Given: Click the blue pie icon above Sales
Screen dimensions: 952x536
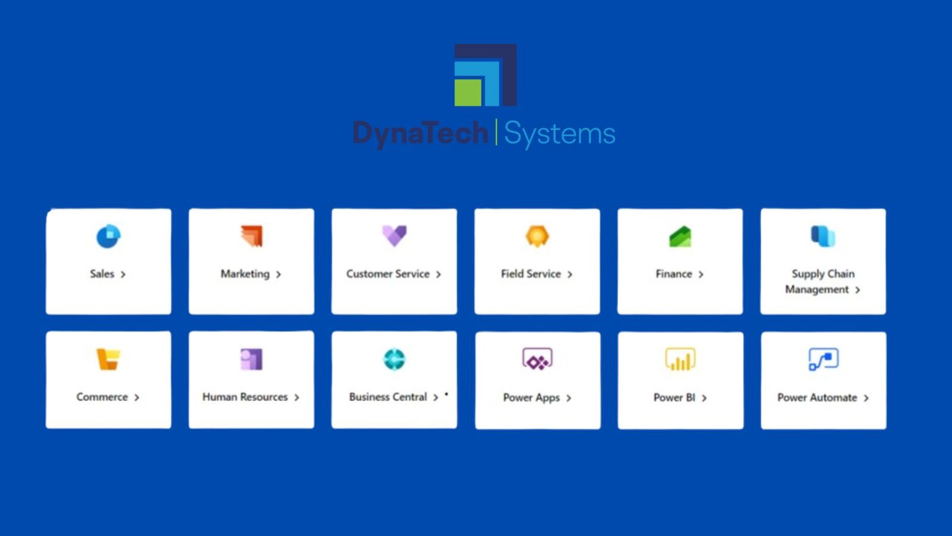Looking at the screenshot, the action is pyautogui.click(x=108, y=236).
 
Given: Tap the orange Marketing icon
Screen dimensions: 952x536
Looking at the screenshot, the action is pyautogui.click(x=252, y=236).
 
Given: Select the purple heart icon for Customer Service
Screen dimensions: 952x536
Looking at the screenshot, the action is pyautogui.click(x=394, y=236).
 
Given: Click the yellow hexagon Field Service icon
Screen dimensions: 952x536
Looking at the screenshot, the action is pyautogui.click(x=537, y=236).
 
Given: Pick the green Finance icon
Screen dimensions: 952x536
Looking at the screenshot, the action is pyautogui.click(x=680, y=236).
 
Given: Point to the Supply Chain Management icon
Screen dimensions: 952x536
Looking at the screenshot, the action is pyautogui.click(x=823, y=236).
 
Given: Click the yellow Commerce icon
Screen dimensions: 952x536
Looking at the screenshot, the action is pyautogui.click(x=108, y=360).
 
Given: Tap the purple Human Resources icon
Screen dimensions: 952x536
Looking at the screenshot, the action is pyautogui.click(x=252, y=360).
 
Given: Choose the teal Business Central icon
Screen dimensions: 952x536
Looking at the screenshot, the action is pyautogui.click(x=394, y=360).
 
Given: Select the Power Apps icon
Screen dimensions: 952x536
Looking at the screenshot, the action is pyautogui.click(x=538, y=360).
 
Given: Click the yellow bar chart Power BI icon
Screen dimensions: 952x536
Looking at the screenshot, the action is pyautogui.click(x=681, y=360).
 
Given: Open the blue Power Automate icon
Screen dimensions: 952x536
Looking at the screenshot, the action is pyautogui.click(x=823, y=360).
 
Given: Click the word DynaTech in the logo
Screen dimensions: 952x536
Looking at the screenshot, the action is pyautogui.click(x=420, y=133).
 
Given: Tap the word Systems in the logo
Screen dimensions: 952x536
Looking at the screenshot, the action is pyautogui.click(x=560, y=133).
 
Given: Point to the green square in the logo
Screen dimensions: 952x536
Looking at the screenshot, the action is pyautogui.click(x=468, y=93).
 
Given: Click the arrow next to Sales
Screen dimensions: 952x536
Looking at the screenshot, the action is pyautogui.click(x=123, y=275).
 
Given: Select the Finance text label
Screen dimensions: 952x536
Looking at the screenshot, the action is pyautogui.click(x=674, y=274).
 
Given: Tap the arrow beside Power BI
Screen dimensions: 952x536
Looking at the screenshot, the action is pyautogui.click(x=704, y=398).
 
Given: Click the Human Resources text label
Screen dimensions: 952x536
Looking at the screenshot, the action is pyautogui.click(x=245, y=397).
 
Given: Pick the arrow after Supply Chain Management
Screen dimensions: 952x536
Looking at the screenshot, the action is pyautogui.click(x=857, y=290).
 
